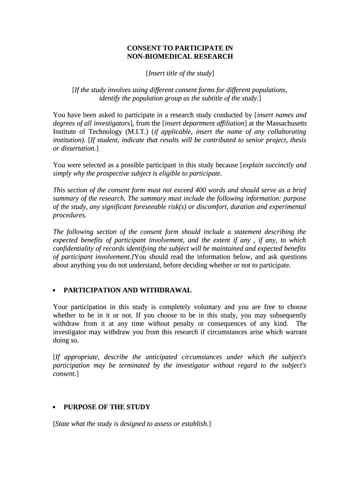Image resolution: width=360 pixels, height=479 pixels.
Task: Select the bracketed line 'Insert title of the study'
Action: pyautogui.click(x=180, y=73)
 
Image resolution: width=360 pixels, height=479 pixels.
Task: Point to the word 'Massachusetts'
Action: pyautogui.click(x=285, y=123)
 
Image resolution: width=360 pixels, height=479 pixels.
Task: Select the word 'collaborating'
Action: pyautogui.click(x=286, y=131)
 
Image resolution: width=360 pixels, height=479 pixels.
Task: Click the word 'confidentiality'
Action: pyautogui.click(x=76, y=248)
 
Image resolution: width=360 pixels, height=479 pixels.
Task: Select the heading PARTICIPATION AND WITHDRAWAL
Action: pyautogui.click(x=128, y=290)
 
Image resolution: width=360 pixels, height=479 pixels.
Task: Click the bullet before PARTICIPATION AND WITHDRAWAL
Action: pyautogui.click(x=55, y=290)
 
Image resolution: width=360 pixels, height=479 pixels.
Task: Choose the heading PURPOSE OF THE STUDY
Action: pyautogui.click(x=107, y=407)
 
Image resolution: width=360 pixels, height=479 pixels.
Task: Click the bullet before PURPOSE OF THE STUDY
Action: pyautogui.click(x=55, y=407)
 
